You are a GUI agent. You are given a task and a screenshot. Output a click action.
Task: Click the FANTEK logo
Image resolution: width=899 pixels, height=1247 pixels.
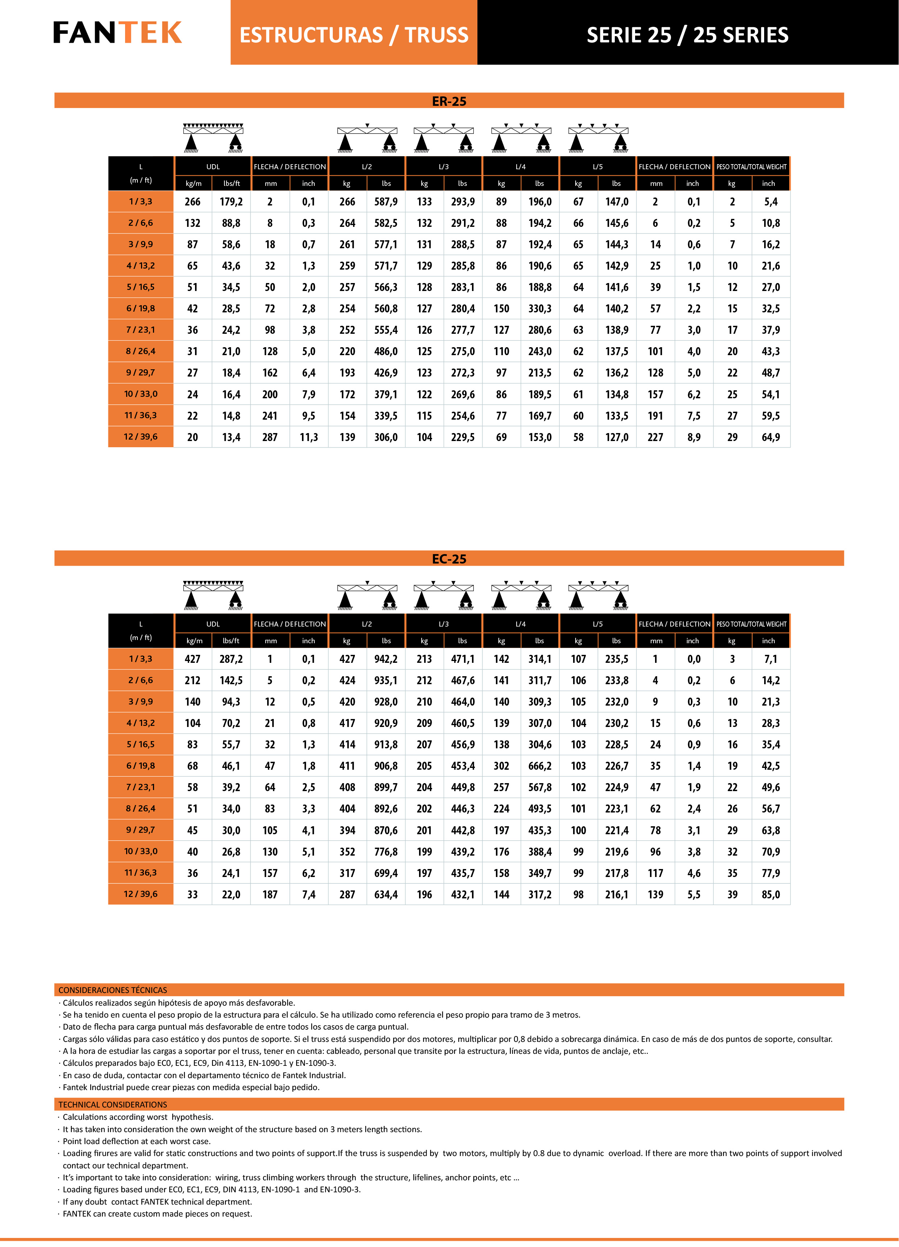coord(118,33)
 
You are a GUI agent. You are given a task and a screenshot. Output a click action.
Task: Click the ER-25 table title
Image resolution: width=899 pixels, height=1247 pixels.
coord(449,101)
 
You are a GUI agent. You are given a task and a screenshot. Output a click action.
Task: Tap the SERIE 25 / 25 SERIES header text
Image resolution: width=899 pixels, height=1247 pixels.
coord(687,35)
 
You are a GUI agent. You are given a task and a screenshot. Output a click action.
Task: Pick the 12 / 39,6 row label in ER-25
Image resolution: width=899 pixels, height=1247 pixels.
coord(141,437)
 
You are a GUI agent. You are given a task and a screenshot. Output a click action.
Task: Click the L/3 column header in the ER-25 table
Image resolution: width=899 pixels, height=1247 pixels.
coord(444,167)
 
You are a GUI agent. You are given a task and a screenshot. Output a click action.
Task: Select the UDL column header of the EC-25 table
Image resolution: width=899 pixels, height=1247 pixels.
coord(213,624)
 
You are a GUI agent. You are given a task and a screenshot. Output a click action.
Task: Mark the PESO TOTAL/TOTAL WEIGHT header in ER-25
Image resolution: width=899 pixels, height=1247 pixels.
coord(751,167)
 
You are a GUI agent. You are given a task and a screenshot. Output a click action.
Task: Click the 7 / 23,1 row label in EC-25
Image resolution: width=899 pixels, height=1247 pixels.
coord(141,787)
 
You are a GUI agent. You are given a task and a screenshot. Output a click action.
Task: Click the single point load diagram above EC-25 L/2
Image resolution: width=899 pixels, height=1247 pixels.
coord(367,595)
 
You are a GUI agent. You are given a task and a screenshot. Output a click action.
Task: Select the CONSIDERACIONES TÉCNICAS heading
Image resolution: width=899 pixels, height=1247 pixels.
coord(113,990)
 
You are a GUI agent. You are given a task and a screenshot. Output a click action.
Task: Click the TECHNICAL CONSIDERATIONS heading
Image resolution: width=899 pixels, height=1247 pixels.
coord(113,1105)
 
